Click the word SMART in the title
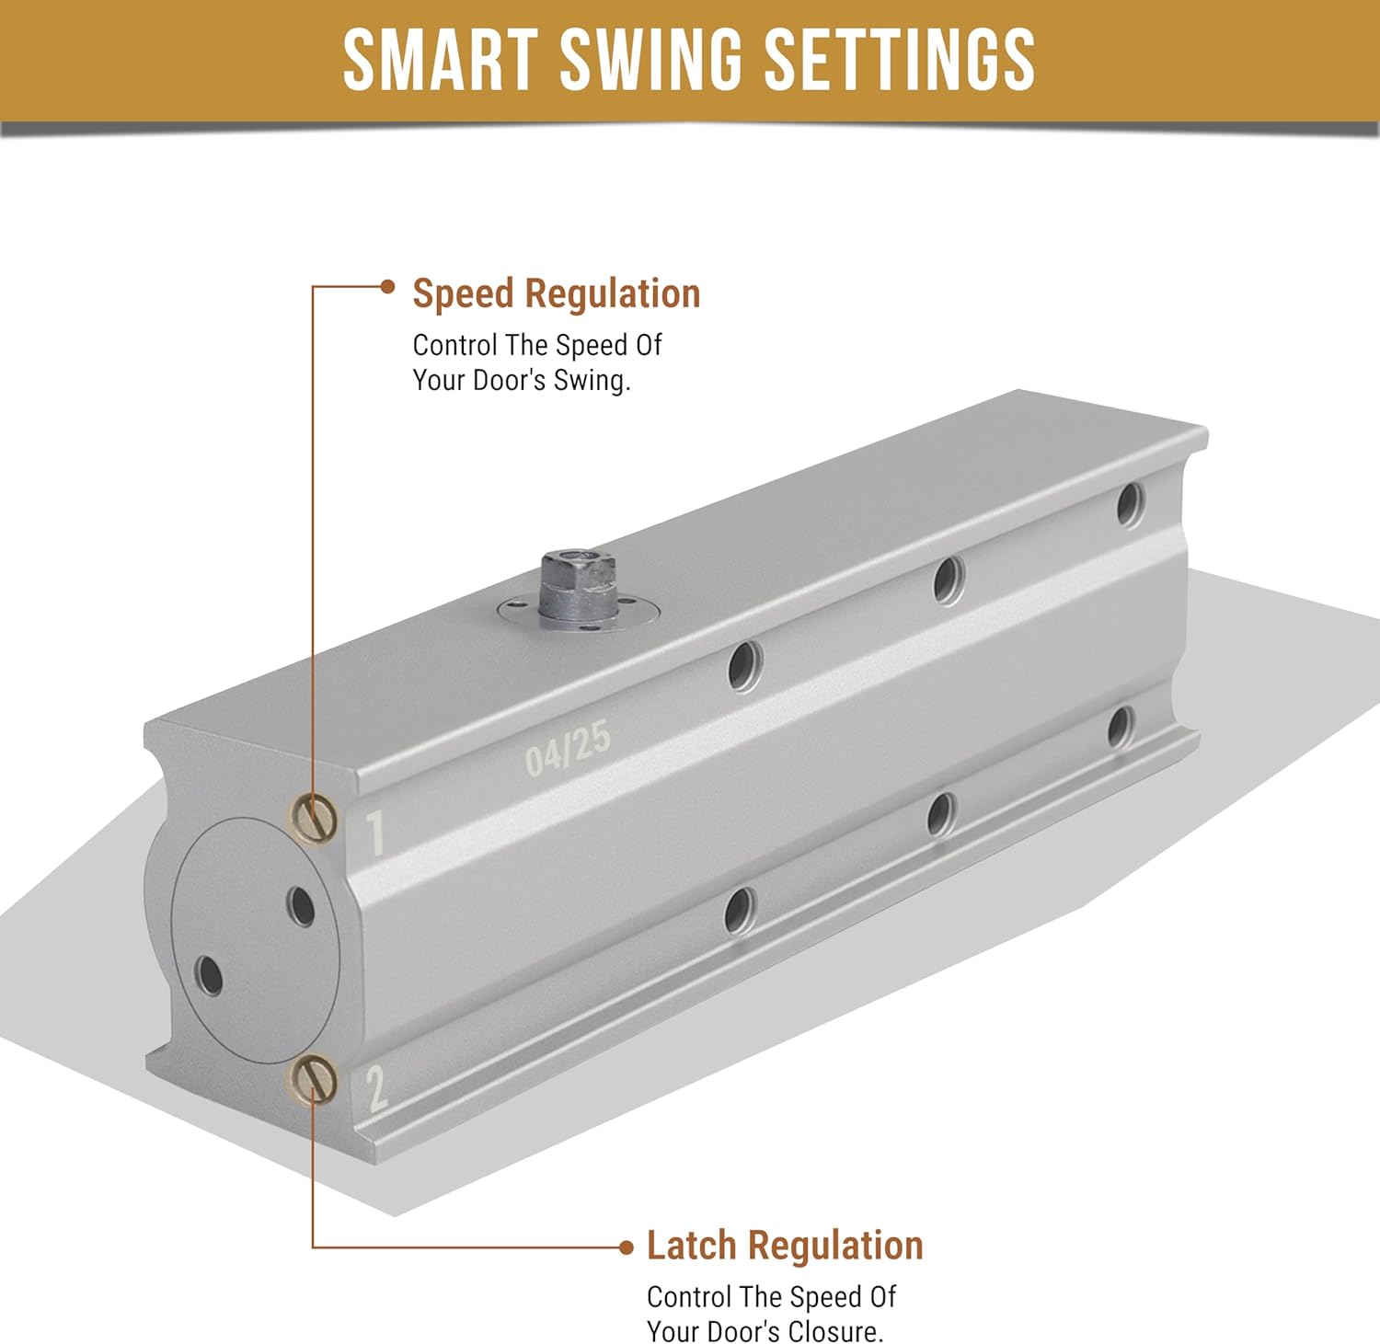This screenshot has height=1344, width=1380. pyautogui.click(x=441, y=60)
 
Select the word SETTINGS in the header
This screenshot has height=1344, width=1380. pyautogui.click(x=901, y=60)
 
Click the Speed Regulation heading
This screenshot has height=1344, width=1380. pyautogui.click(x=557, y=293)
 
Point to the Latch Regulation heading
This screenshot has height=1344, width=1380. pyautogui.click(x=785, y=1246)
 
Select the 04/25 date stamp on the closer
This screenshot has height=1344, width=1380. pyautogui.click(x=568, y=748)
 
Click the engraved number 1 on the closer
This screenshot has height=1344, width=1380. pyautogui.click(x=375, y=833)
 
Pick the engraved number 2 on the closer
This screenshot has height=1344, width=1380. pyautogui.click(x=377, y=1087)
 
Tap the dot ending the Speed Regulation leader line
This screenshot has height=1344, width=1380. pyautogui.click(x=387, y=286)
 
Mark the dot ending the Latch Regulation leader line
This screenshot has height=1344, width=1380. pyautogui.click(x=627, y=1247)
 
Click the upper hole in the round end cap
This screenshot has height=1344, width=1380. pyautogui.click(x=301, y=907)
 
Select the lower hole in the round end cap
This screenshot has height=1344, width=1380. pyautogui.click(x=210, y=975)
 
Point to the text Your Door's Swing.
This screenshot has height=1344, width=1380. pyautogui.click(x=522, y=380)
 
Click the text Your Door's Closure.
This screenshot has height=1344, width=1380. pyautogui.click(x=765, y=1331)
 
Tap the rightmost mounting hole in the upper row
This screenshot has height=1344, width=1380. pyautogui.click(x=1130, y=505)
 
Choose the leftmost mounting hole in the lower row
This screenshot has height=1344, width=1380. pyautogui.click(x=741, y=913)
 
